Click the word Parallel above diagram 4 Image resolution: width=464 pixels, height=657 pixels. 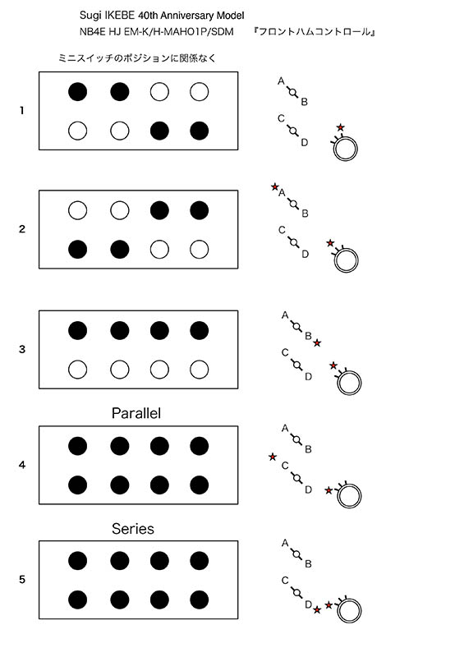136,413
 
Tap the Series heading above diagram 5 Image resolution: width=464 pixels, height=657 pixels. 133,529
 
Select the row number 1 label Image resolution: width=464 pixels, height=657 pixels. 22,111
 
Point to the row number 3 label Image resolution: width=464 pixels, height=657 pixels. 22,349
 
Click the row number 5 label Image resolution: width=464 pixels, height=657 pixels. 22,580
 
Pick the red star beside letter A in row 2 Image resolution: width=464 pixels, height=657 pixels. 274,186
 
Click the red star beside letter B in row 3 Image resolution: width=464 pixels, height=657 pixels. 317,343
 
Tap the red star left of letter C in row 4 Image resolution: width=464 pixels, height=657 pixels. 273,457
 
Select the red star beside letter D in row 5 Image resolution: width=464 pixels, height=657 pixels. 317,609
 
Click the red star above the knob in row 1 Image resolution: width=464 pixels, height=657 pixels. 340,127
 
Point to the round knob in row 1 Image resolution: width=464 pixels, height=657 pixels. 346,149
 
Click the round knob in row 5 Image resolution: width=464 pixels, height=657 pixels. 349,611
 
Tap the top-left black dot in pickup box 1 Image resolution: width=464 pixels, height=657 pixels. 77,92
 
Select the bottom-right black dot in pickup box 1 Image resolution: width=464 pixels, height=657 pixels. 199,131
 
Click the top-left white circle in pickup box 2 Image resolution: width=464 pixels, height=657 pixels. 77,210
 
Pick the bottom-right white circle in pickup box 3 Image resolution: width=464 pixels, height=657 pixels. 199,370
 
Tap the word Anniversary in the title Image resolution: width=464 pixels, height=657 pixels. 187,16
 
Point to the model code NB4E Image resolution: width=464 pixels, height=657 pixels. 92,32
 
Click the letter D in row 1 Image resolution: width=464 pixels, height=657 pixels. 305,142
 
